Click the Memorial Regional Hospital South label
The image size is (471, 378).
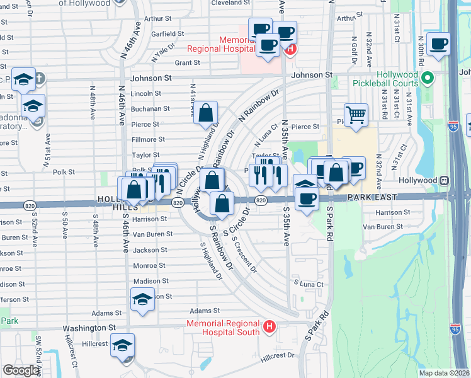[x=224, y=328]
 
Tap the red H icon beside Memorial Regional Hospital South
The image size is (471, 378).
[x=269, y=327]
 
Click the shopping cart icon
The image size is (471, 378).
[x=356, y=115]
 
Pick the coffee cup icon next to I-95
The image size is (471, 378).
[x=438, y=44]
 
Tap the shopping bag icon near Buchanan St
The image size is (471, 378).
[x=206, y=114]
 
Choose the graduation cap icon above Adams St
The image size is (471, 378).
[x=143, y=299]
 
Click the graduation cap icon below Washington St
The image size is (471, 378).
[x=122, y=346]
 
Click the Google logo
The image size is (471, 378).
[x=21, y=370]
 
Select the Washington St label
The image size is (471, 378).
[x=88, y=328]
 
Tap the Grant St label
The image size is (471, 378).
[x=187, y=63]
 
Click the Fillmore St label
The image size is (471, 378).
[x=148, y=139]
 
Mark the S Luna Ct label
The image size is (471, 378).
[x=307, y=285]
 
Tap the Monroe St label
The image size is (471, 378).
[x=149, y=266]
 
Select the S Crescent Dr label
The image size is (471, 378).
[x=245, y=255]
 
